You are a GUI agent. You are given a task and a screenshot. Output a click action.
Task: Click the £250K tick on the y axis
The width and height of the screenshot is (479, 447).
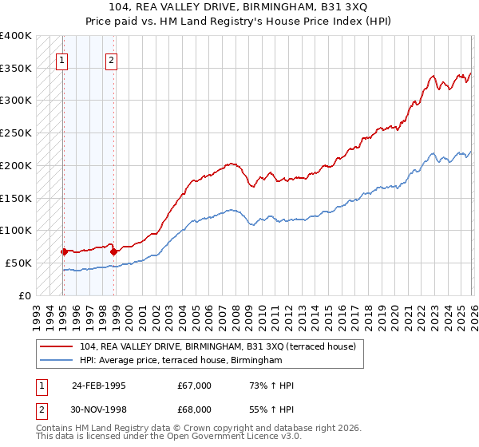coord(16,133)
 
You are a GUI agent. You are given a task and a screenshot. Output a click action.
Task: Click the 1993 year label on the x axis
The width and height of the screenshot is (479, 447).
coord(37,310)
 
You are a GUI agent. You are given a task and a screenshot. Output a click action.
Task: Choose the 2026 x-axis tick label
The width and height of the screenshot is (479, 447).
coord(471,310)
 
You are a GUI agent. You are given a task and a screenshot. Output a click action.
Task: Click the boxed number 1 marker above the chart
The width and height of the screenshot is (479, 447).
coord(62,59)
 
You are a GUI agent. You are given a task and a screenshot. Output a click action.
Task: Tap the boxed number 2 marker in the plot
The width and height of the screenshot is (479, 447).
coord(112,59)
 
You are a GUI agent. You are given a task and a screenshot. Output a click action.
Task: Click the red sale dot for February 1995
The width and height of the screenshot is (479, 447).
coord(64,251)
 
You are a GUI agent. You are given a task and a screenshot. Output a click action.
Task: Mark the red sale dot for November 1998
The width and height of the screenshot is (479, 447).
coord(113,251)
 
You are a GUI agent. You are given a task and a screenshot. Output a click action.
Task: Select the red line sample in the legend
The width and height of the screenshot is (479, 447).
coord(57,346)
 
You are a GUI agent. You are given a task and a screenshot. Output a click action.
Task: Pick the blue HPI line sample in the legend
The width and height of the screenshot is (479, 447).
coord(57,361)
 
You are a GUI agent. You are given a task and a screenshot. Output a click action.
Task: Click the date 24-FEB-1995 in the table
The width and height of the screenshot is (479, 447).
coord(99,386)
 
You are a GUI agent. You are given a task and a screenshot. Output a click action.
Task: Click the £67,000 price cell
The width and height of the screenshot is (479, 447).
coord(195,386)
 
